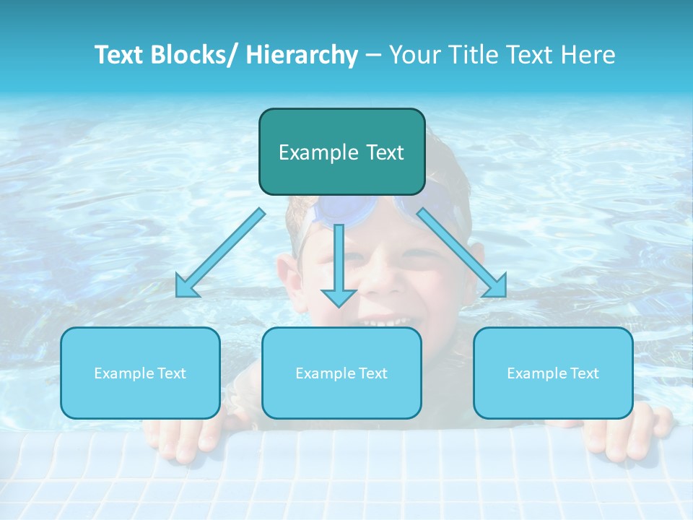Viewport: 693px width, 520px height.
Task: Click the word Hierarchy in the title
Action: point(301,55)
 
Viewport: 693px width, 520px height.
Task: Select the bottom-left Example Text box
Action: point(140,373)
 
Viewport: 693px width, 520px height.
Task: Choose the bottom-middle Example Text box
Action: point(341,373)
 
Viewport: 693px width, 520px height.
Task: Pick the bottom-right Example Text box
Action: point(553,373)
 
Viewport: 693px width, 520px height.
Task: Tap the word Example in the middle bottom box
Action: point(320,373)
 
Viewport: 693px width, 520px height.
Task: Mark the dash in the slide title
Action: point(373,56)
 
